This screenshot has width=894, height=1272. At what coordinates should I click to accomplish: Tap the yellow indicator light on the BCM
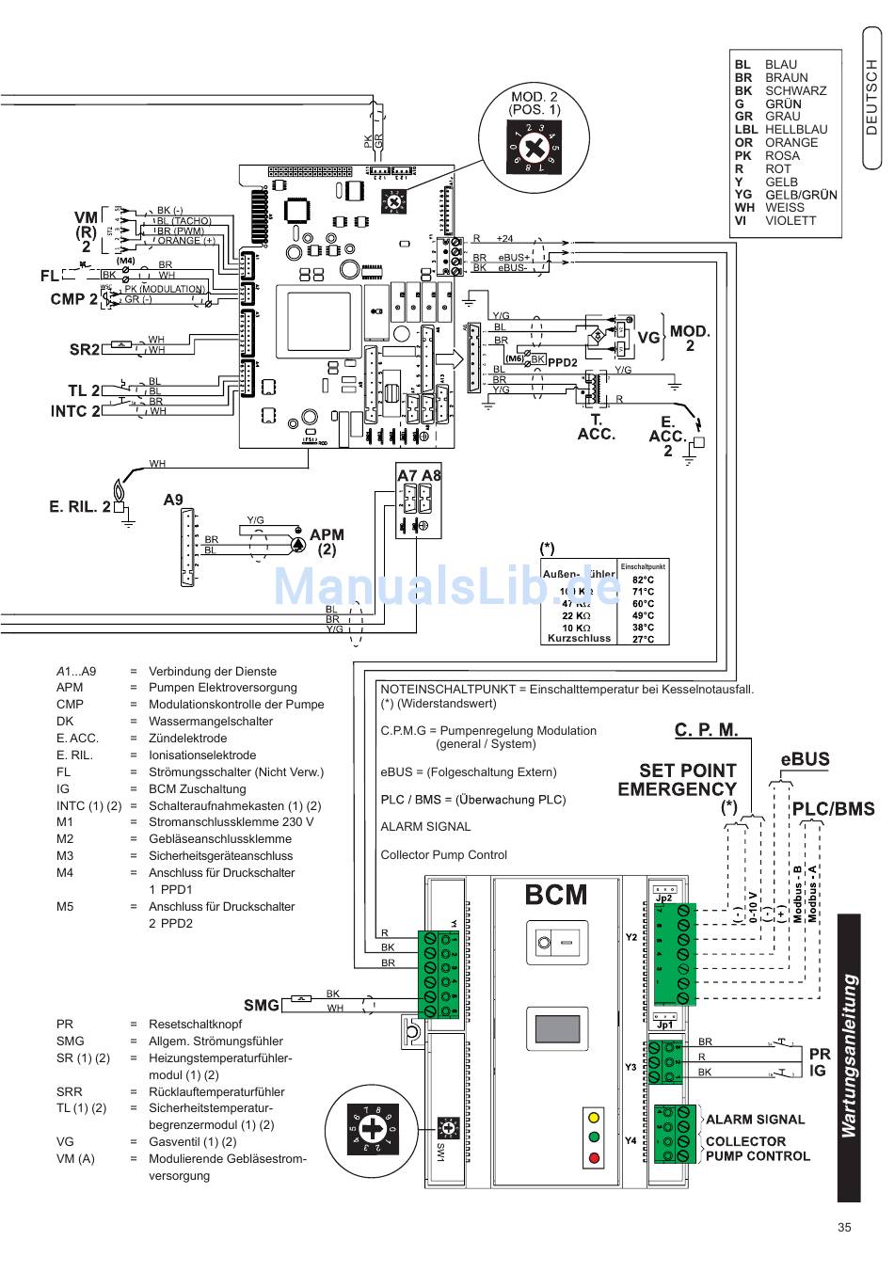click(x=593, y=1118)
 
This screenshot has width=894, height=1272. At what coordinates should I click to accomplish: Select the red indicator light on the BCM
click(x=593, y=1158)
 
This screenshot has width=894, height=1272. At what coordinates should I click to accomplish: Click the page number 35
click(x=843, y=1227)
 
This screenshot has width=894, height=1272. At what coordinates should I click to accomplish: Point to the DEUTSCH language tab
click(x=872, y=99)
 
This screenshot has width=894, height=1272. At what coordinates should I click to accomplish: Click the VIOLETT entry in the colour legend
click(x=790, y=221)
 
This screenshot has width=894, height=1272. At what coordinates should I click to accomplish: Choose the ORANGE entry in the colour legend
click(x=790, y=143)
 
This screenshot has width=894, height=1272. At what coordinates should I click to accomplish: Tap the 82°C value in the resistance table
click(x=643, y=580)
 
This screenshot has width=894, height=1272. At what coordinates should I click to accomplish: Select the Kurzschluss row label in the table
click(x=579, y=638)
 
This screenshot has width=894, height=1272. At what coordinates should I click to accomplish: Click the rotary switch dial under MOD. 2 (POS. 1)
click(x=535, y=147)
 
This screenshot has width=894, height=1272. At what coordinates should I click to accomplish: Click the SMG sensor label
click(x=261, y=1005)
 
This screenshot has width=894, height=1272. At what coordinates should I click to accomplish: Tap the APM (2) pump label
click(x=327, y=541)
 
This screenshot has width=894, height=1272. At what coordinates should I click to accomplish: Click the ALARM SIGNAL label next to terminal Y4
click(x=755, y=1120)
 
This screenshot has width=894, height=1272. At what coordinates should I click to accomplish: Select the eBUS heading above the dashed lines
click(x=805, y=759)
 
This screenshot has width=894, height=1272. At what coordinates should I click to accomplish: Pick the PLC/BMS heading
click(x=833, y=808)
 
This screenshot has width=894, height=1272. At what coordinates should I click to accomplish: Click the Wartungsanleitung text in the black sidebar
click(x=850, y=1057)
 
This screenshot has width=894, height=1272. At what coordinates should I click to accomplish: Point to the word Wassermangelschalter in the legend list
click(x=211, y=722)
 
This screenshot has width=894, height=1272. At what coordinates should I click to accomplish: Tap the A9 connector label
click(x=173, y=500)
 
